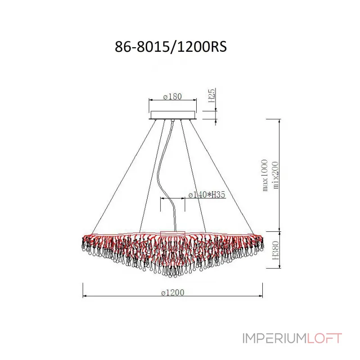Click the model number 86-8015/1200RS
pyautogui.click(x=171, y=47)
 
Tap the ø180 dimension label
pyautogui.click(x=173, y=96)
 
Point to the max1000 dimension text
pyautogui.click(x=265, y=175)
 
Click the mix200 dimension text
pyautogui.click(x=275, y=175)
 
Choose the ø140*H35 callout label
pyautogui.click(x=207, y=195)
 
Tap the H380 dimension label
pyautogui.click(x=275, y=250)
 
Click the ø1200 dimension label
pyautogui.click(x=173, y=292)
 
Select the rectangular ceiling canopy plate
pyautogui.click(x=173, y=115)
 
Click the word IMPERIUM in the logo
pyautogui.click(x=274, y=338)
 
